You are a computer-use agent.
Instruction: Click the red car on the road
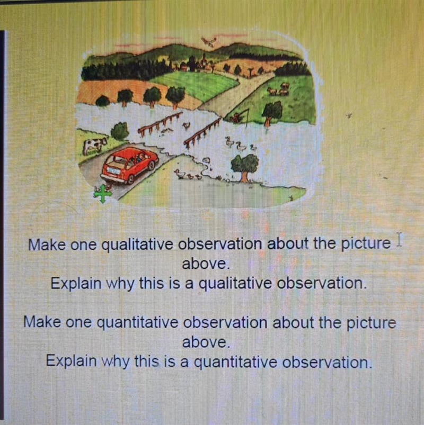tap(130, 165)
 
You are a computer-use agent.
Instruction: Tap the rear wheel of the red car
tap(130, 179)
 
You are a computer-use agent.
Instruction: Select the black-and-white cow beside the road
tap(94, 146)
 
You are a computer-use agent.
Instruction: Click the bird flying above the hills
tap(209, 42)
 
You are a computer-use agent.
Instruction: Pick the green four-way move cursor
tap(103, 193)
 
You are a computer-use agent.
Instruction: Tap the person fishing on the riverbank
tap(237, 117)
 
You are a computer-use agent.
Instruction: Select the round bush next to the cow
tap(119, 131)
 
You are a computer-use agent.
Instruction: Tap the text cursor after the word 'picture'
tap(399, 240)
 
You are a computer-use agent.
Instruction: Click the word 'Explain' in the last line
tap(71, 361)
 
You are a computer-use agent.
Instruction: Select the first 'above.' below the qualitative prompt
tap(206, 264)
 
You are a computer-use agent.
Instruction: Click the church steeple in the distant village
tap(204, 59)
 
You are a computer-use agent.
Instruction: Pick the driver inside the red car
tap(141, 157)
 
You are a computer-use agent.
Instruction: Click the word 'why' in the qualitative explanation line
tap(120, 284)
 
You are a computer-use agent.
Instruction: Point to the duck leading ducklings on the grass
tap(180, 174)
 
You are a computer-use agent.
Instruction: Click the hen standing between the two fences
tap(187, 125)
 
